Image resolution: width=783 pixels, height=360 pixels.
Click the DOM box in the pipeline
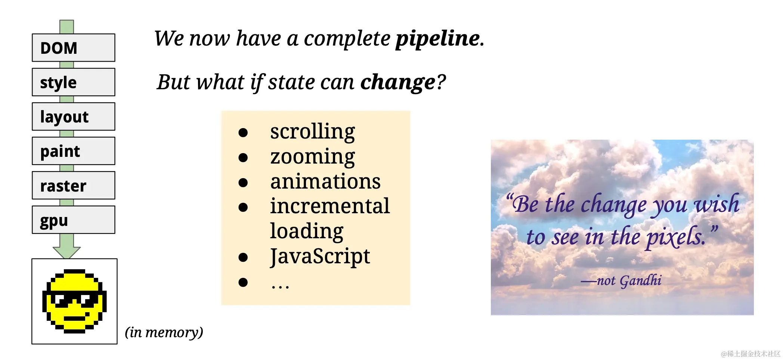[74, 48]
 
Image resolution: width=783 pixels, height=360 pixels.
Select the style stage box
[74, 82]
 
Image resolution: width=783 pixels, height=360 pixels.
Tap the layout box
[74, 117]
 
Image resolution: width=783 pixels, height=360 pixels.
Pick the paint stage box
[74, 151]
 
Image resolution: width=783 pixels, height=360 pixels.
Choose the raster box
[74, 185]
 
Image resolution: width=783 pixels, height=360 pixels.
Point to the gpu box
[74, 220]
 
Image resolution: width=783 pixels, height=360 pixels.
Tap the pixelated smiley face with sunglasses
[74, 301]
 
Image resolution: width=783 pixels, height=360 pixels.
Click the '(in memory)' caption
[164, 332]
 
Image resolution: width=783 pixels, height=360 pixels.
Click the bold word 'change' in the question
[398, 82]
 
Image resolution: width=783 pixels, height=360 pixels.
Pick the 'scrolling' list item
[312, 132]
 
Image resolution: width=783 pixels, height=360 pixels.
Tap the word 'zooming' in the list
[312, 157]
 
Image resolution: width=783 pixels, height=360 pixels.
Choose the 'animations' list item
[325, 181]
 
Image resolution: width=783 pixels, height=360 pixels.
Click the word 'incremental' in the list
[330, 206]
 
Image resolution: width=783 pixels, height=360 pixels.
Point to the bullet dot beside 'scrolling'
[243, 133]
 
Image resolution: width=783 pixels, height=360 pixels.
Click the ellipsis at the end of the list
[280, 287]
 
